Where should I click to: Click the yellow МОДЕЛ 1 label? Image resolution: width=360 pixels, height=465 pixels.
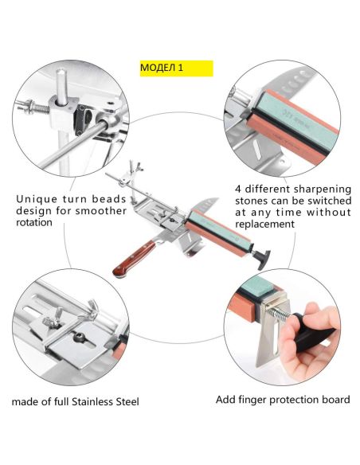(177, 68)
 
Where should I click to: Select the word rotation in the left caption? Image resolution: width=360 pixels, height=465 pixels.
(34, 222)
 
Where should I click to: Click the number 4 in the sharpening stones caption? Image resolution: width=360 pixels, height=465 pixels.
(238, 189)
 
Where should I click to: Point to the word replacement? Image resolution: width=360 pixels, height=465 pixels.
(264, 225)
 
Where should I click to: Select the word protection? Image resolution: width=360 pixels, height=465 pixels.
(292, 400)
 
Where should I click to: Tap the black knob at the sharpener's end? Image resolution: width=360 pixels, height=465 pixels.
(264, 260)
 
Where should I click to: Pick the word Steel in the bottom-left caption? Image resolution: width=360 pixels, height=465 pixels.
(127, 402)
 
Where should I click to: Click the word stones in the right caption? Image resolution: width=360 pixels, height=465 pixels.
(252, 201)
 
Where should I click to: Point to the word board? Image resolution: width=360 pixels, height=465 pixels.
(334, 400)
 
